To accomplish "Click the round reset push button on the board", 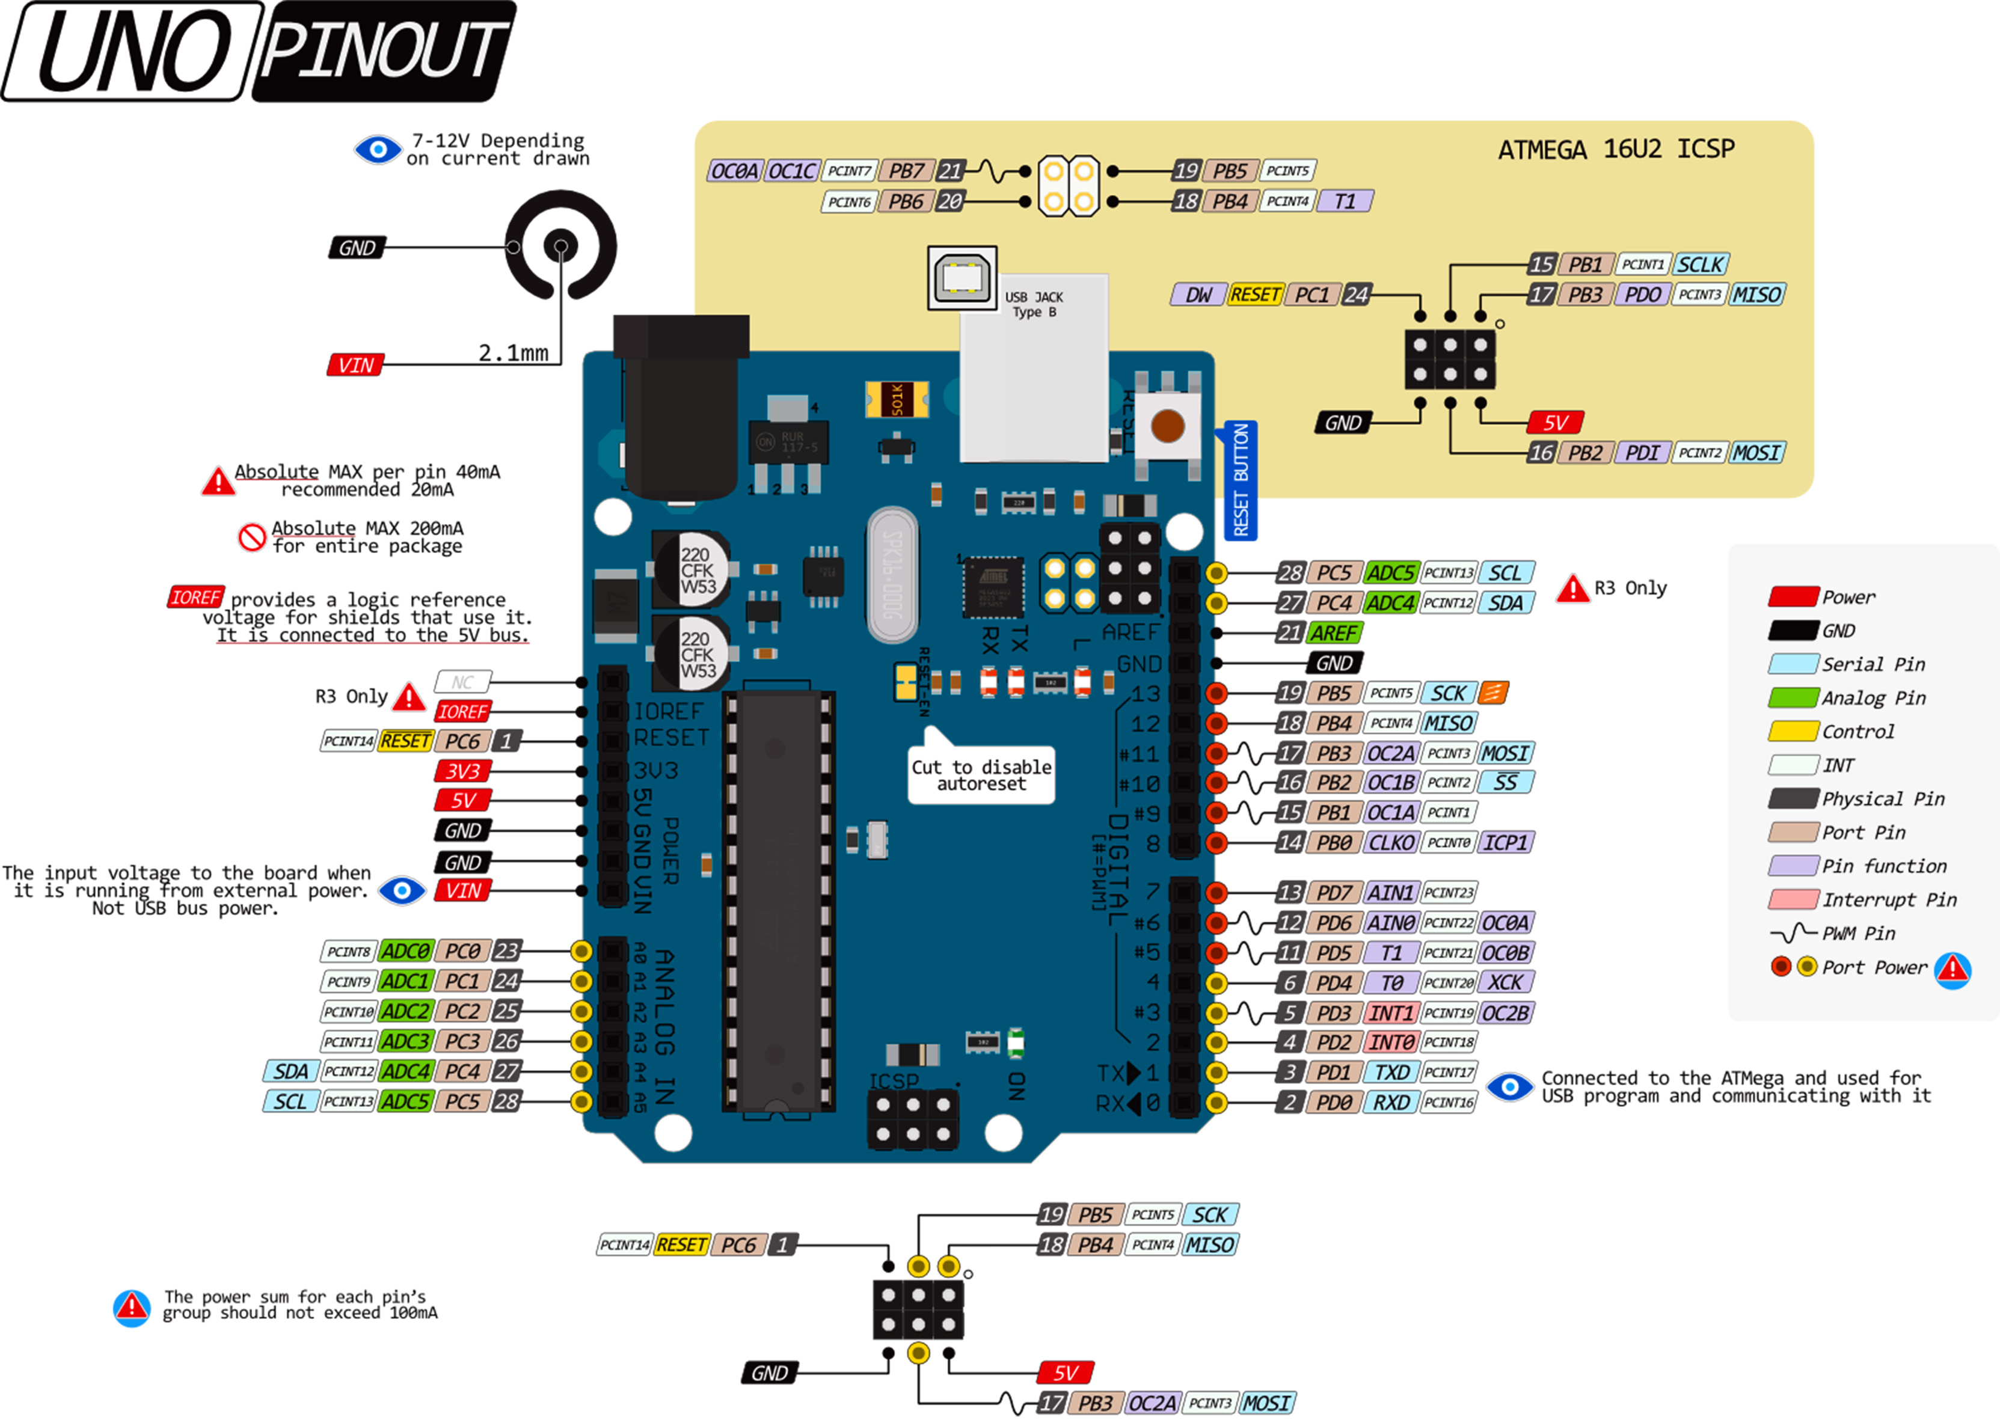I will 1167,427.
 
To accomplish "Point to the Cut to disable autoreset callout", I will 981,775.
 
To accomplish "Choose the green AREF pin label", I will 1334,632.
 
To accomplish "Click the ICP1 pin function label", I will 1505,842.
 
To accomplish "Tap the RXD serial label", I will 1390,1103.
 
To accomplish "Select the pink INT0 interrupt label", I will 1390,1042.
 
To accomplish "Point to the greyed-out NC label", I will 462,682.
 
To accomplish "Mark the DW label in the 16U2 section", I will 1198,295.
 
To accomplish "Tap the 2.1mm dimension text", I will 514,353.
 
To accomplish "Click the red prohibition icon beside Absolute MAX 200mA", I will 252,537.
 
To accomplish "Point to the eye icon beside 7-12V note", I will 378,150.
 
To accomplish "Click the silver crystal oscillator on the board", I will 892,575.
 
